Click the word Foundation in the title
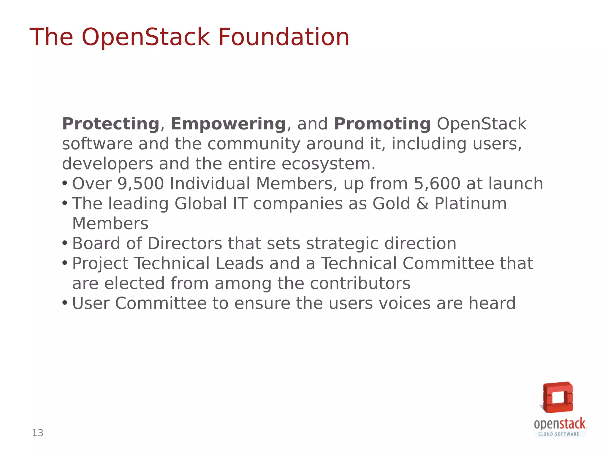tap(284, 37)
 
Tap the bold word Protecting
tap(111, 124)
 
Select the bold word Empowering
tap(228, 124)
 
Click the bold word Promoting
tap(382, 124)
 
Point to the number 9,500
tap(141, 184)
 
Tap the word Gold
tap(391, 204)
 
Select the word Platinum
tap(471, 204)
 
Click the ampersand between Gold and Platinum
tap(422, 204)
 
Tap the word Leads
tap(240, 264)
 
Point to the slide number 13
tap(38, 433)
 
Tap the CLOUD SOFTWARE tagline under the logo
tap(559, 434)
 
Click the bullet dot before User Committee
tap(65, 303)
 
